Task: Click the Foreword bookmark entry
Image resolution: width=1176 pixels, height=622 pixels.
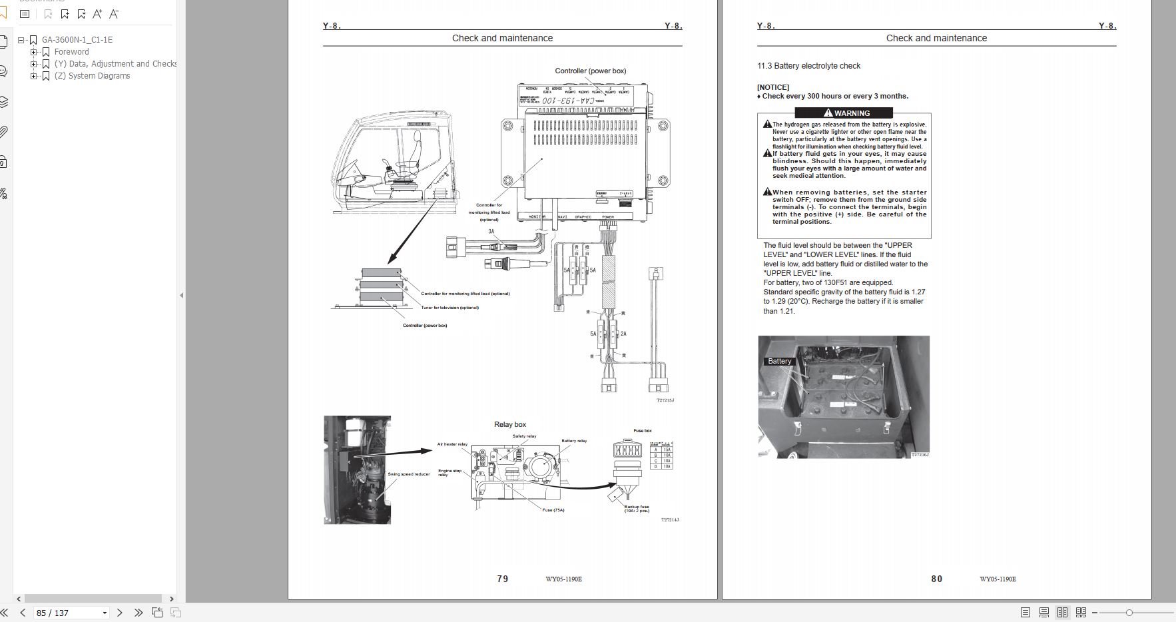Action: (x=71, y=52)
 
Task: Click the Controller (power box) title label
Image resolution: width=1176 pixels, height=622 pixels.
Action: (x=590, y=71)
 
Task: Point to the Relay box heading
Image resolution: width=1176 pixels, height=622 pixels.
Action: (x=510, y=424)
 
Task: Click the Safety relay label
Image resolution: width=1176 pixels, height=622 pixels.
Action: (x=524, y=436)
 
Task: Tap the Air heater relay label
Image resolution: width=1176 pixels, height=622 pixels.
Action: (x=452, y=444)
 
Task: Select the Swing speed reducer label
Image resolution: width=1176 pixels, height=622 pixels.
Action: (x=409, y=474)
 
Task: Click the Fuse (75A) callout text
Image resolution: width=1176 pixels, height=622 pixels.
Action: (x=553, y=510)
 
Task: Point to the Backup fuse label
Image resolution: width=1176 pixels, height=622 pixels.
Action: (x=637, y=508)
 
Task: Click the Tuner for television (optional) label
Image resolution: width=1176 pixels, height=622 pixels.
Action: (x=449, y=308)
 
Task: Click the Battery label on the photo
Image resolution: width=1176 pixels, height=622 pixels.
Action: (x=779, y=361)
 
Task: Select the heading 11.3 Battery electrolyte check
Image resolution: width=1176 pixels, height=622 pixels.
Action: (x=808, y=66)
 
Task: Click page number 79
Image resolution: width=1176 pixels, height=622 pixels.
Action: (x=503, y=579)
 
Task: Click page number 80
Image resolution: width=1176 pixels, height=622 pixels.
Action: (x=936, y=579)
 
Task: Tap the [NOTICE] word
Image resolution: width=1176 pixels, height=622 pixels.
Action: (x=772, y=87)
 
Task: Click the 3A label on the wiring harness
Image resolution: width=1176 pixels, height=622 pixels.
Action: (x=491, y=232)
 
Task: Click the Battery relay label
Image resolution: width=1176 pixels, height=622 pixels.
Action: (x=574, y=441)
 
